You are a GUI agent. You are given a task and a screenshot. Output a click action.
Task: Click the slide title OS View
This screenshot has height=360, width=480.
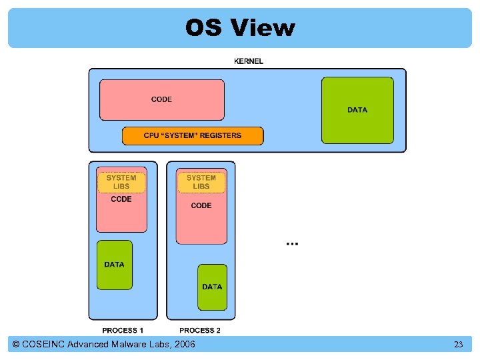coord(239,28)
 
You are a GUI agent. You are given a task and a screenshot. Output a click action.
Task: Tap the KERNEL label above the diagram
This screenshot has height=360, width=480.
coord(248,61)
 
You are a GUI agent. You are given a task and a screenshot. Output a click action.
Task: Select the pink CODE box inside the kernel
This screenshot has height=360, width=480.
coord(162,99)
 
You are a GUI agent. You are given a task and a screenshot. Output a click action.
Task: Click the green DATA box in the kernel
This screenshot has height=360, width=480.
coord(357,109)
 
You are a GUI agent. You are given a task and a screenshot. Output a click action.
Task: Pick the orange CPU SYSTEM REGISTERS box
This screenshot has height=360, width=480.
coord(193,135)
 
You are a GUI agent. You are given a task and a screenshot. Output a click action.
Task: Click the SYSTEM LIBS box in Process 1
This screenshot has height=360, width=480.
coord(121,182)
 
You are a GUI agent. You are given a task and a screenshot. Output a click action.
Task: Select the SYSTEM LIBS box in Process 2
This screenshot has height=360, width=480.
coord(201,182)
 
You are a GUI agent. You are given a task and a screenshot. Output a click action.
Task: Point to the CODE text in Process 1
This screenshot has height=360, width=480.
coord(121,199)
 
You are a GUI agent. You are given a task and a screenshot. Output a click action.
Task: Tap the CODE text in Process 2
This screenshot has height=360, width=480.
coord(201,205)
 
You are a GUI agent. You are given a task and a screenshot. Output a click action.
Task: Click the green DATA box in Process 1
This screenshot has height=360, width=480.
coord(115,265)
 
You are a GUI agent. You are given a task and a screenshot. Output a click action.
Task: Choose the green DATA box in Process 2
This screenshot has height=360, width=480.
coord(212,287)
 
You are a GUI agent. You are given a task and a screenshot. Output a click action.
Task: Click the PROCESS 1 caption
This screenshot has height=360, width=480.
coord(123,330)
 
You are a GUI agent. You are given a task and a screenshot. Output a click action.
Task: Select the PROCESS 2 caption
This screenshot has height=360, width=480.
coord(200,330)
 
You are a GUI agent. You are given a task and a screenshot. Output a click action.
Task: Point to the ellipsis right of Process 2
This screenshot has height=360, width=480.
coord(292,243)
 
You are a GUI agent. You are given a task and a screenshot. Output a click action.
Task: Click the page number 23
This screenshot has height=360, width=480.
coord(458,345)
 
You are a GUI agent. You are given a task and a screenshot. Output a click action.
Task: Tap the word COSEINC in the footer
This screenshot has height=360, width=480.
coord(44,344)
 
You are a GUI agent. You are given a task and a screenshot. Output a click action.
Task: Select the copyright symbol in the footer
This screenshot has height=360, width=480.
coord(16,344)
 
